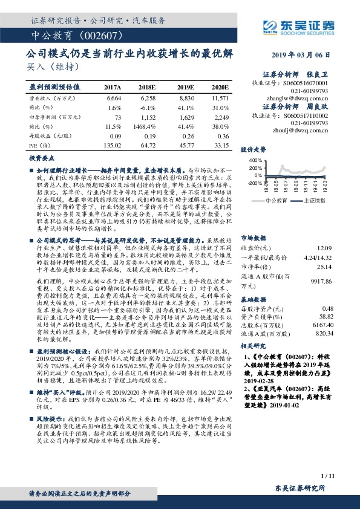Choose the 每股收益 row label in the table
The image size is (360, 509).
[45, 137]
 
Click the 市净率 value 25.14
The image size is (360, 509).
[325, 266]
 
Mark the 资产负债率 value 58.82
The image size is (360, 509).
[325, 316]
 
